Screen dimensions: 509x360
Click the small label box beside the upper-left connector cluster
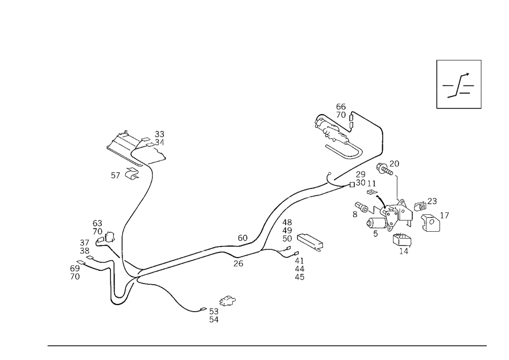116,175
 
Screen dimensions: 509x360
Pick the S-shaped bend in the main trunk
270,219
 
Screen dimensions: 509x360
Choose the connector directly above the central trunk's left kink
242,238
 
